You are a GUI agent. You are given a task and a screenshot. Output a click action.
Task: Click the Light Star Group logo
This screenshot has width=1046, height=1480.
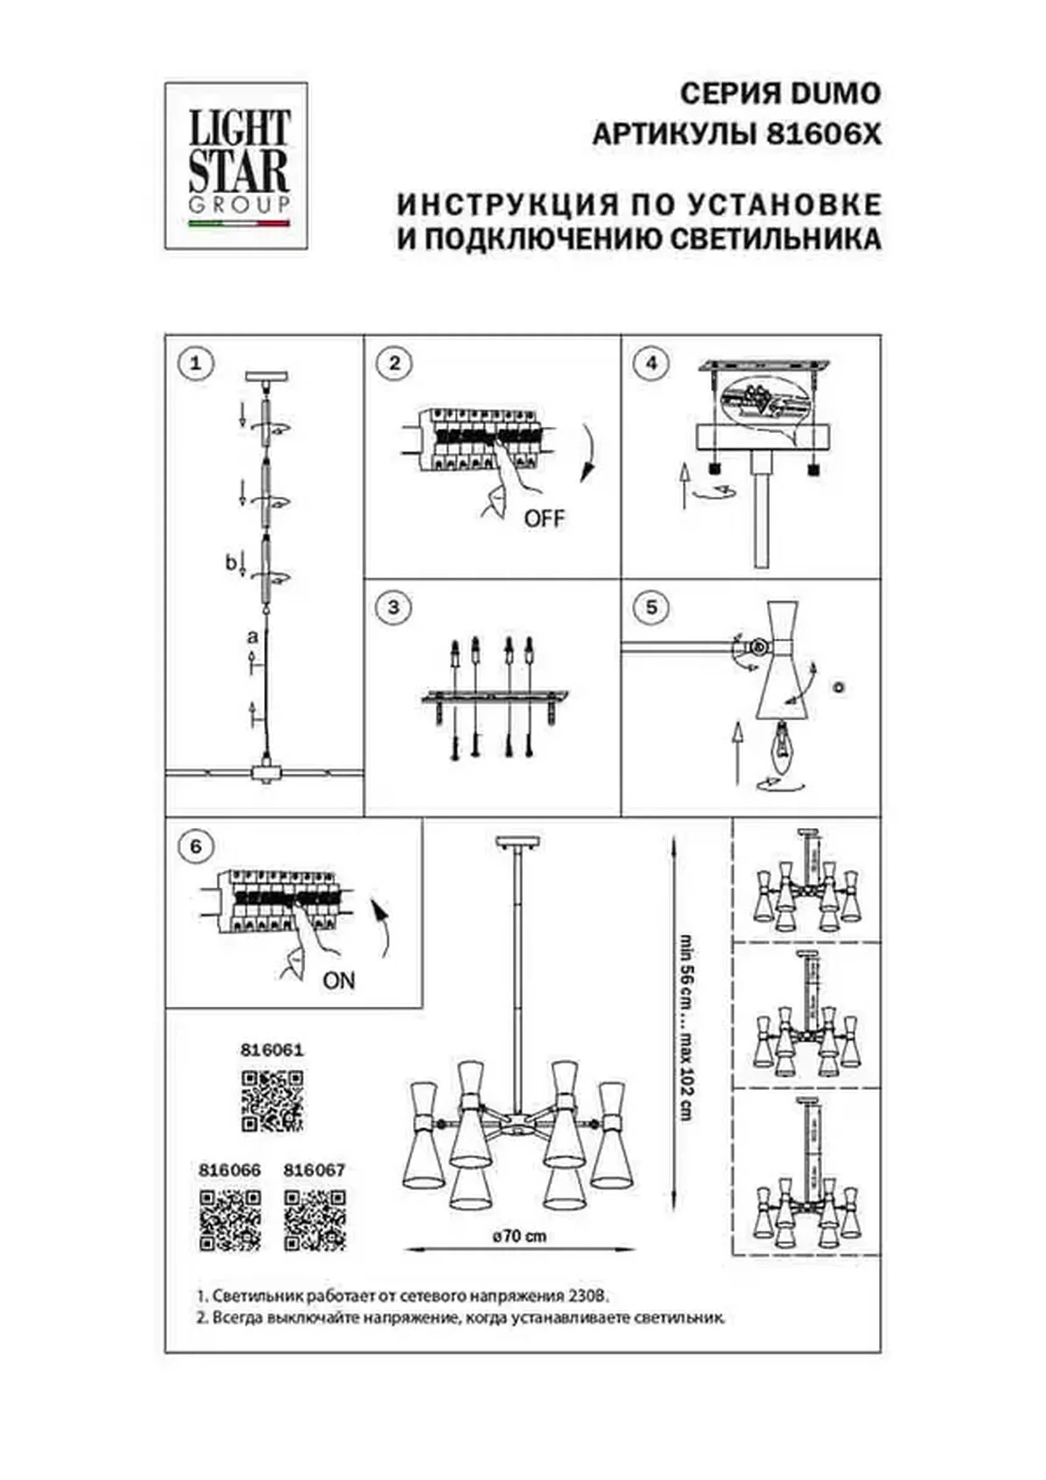point(236,166)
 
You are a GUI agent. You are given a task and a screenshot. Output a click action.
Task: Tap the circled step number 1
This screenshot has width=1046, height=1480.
point(196,363)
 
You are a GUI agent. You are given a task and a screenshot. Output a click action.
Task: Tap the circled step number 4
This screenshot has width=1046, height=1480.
point(651,363)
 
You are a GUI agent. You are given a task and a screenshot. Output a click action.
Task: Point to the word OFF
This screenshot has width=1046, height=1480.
point(544,518)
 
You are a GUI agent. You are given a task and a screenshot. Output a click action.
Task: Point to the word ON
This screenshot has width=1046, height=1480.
point(339,981)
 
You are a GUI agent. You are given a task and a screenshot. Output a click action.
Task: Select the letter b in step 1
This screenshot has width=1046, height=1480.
point(231,563)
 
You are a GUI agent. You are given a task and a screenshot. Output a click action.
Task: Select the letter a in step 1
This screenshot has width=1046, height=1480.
point(253,637)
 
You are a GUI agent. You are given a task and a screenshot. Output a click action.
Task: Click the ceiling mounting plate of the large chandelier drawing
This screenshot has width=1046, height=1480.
point(518,843)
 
